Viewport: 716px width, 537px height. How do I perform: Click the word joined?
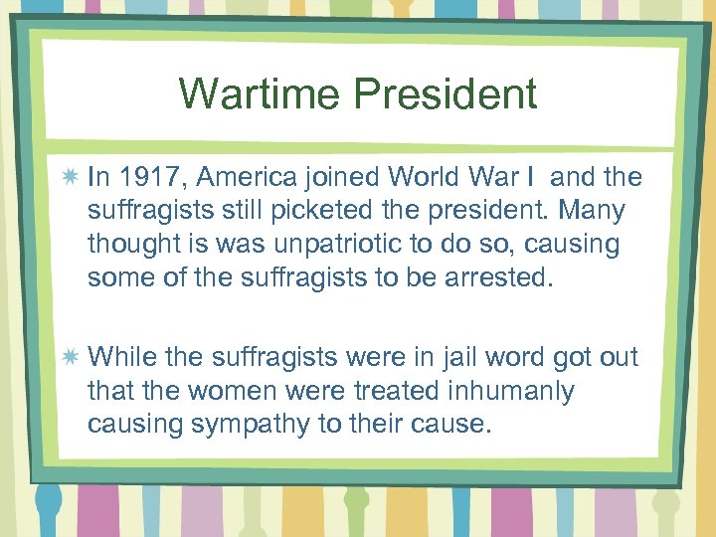point(343,178)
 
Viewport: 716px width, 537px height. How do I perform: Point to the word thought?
point(129,244)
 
